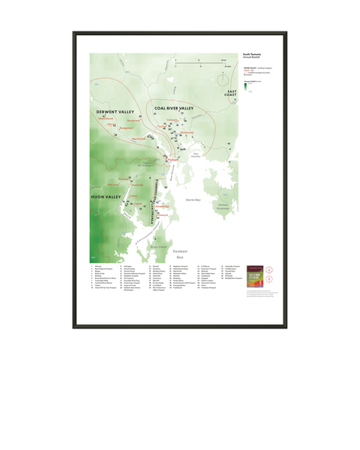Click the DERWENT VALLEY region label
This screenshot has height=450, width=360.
click(x=114, y=112)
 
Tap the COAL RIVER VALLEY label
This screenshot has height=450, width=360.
click(x=175, y=108)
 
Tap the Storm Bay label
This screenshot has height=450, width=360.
click(x=193, y=200)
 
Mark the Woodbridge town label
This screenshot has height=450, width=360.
click(x=163, y=207)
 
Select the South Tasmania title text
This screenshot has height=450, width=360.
click(x=252, y=54)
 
